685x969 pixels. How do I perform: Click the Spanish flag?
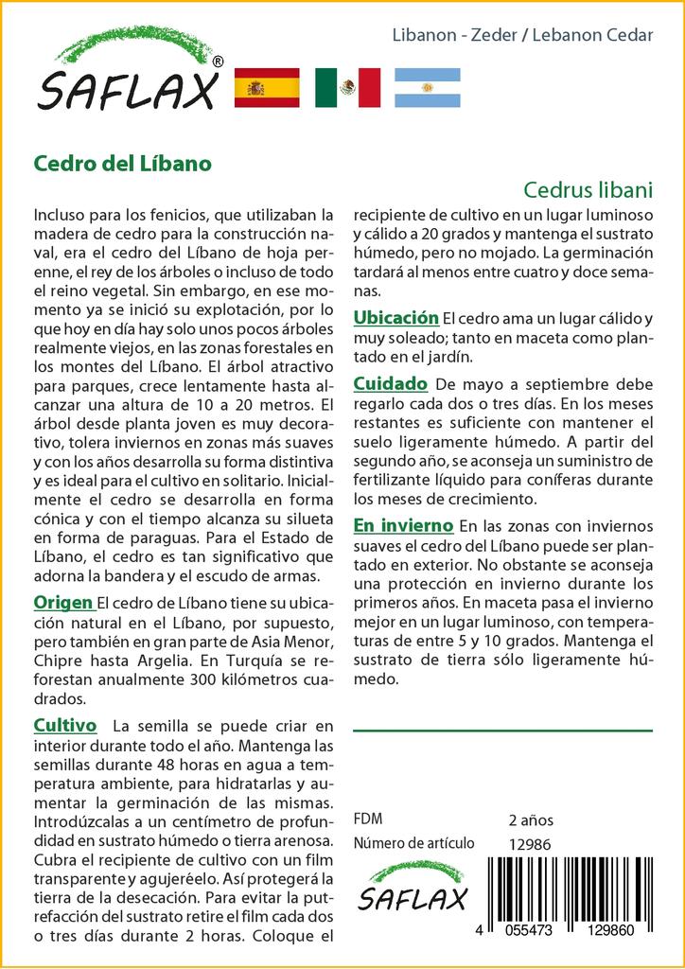click(x=267, y=88)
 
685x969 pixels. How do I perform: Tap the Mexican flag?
click(x=347, y=88)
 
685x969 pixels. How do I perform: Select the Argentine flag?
click(x=427, y=88)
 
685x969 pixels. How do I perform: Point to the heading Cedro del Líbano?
click(x=122, y=162)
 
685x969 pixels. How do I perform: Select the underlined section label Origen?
click(x=62, y=603)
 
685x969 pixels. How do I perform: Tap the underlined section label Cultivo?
click(x=65, y=726)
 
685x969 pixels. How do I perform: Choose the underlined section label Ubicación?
click(x=395, y=317)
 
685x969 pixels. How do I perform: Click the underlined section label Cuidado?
click(x=390, y=384)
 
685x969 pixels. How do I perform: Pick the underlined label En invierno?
click(x=402, y=525)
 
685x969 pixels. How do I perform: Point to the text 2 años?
click(x=531, y=819)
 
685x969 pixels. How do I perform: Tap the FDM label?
click(x=367, y=819)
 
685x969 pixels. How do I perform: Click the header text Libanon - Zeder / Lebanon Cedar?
click(x=522, y=35)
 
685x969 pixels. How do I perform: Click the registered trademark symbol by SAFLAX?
click(x=219, y=62)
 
